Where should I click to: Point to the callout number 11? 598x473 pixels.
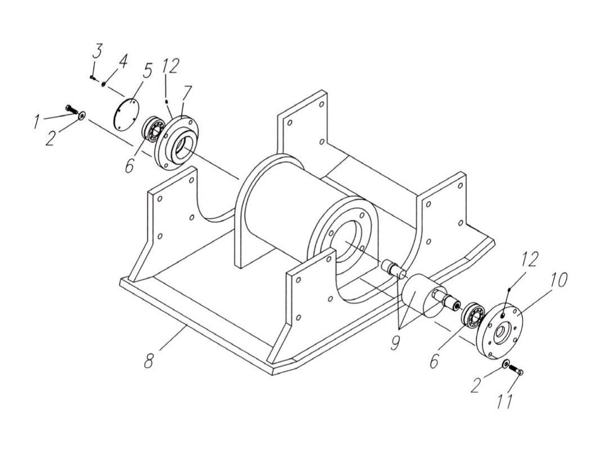(506, 401)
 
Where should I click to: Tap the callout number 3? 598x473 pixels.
(97, 53)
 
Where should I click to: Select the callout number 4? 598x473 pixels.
(123, 60)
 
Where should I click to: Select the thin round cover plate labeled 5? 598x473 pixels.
(126, 114)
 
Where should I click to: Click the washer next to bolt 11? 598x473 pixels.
(506, 365)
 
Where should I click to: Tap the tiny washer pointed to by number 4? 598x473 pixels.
(104, 84)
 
